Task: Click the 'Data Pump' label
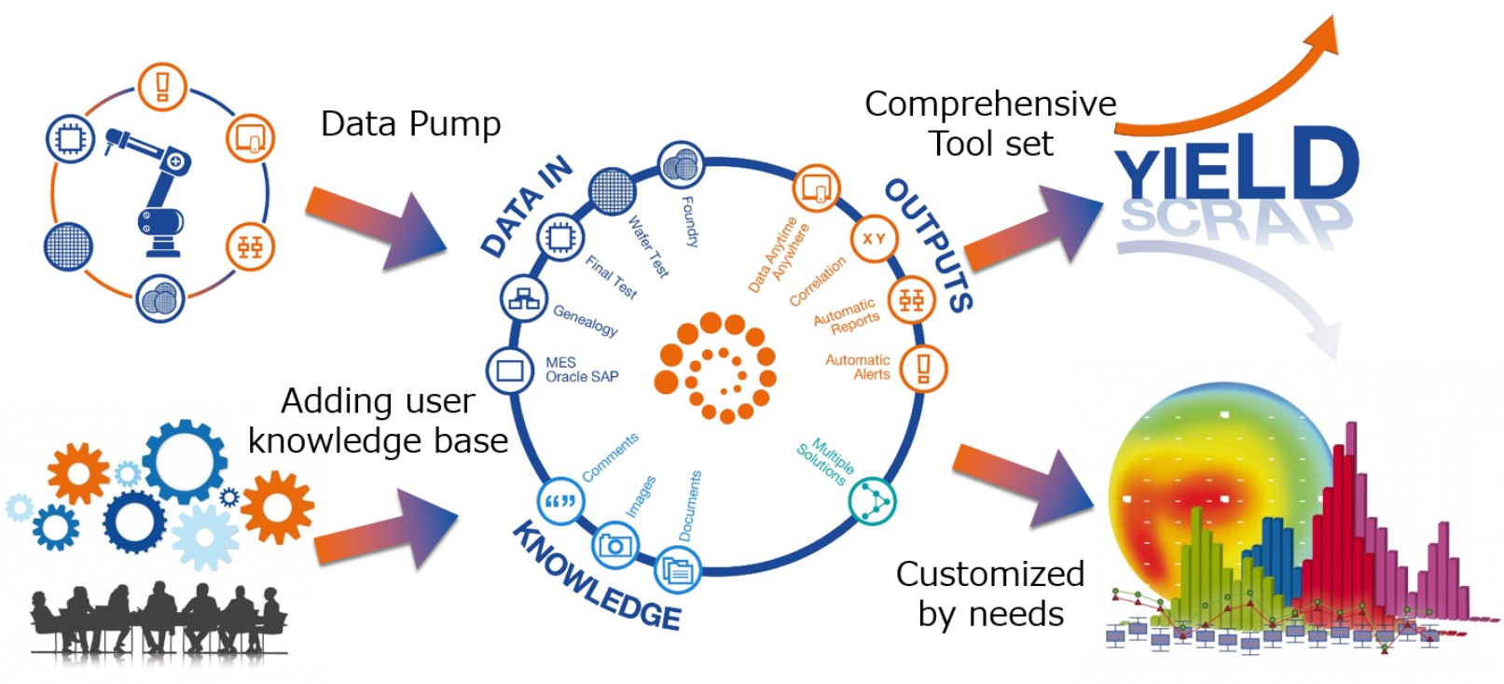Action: [x=410, y=124]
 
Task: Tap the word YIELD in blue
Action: [x=1236, y=168]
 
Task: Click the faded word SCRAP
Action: [x=1235, y=220]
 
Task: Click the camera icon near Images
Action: [x=615, y=544]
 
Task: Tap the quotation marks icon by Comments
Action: [x=559, y=501]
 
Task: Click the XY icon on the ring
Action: [x=873, y=239]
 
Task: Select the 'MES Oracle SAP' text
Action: [x=581, y=370]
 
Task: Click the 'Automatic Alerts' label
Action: [x=858, y=367]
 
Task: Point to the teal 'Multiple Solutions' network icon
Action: [x=873, y=500]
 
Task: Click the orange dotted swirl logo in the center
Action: [x=715, y=367]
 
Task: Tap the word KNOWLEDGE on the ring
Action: [x=597, y=579]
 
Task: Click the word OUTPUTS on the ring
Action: [x=929, y=244]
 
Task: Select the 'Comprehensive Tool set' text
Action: [x=989, y=123]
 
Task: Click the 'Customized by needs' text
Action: [x=989, y=593]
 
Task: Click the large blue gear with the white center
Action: [x=184, y=461]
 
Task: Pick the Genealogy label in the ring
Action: [x=585, y=320]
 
